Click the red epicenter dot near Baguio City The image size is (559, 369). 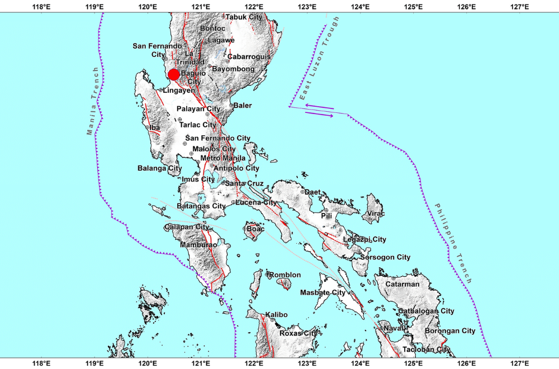(173, 74)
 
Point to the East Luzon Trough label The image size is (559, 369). (319, 59)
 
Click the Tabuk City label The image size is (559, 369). (244, 17)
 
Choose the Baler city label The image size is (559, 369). (243, 105)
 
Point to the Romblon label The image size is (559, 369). (285, 275)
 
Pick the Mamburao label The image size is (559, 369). (198, 245)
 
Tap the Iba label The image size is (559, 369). (155, 128)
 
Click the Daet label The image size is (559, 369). (313, 192)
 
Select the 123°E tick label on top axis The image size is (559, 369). (307, 7)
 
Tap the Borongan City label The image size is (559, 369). (451, 331)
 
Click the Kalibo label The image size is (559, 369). (276, 315)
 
